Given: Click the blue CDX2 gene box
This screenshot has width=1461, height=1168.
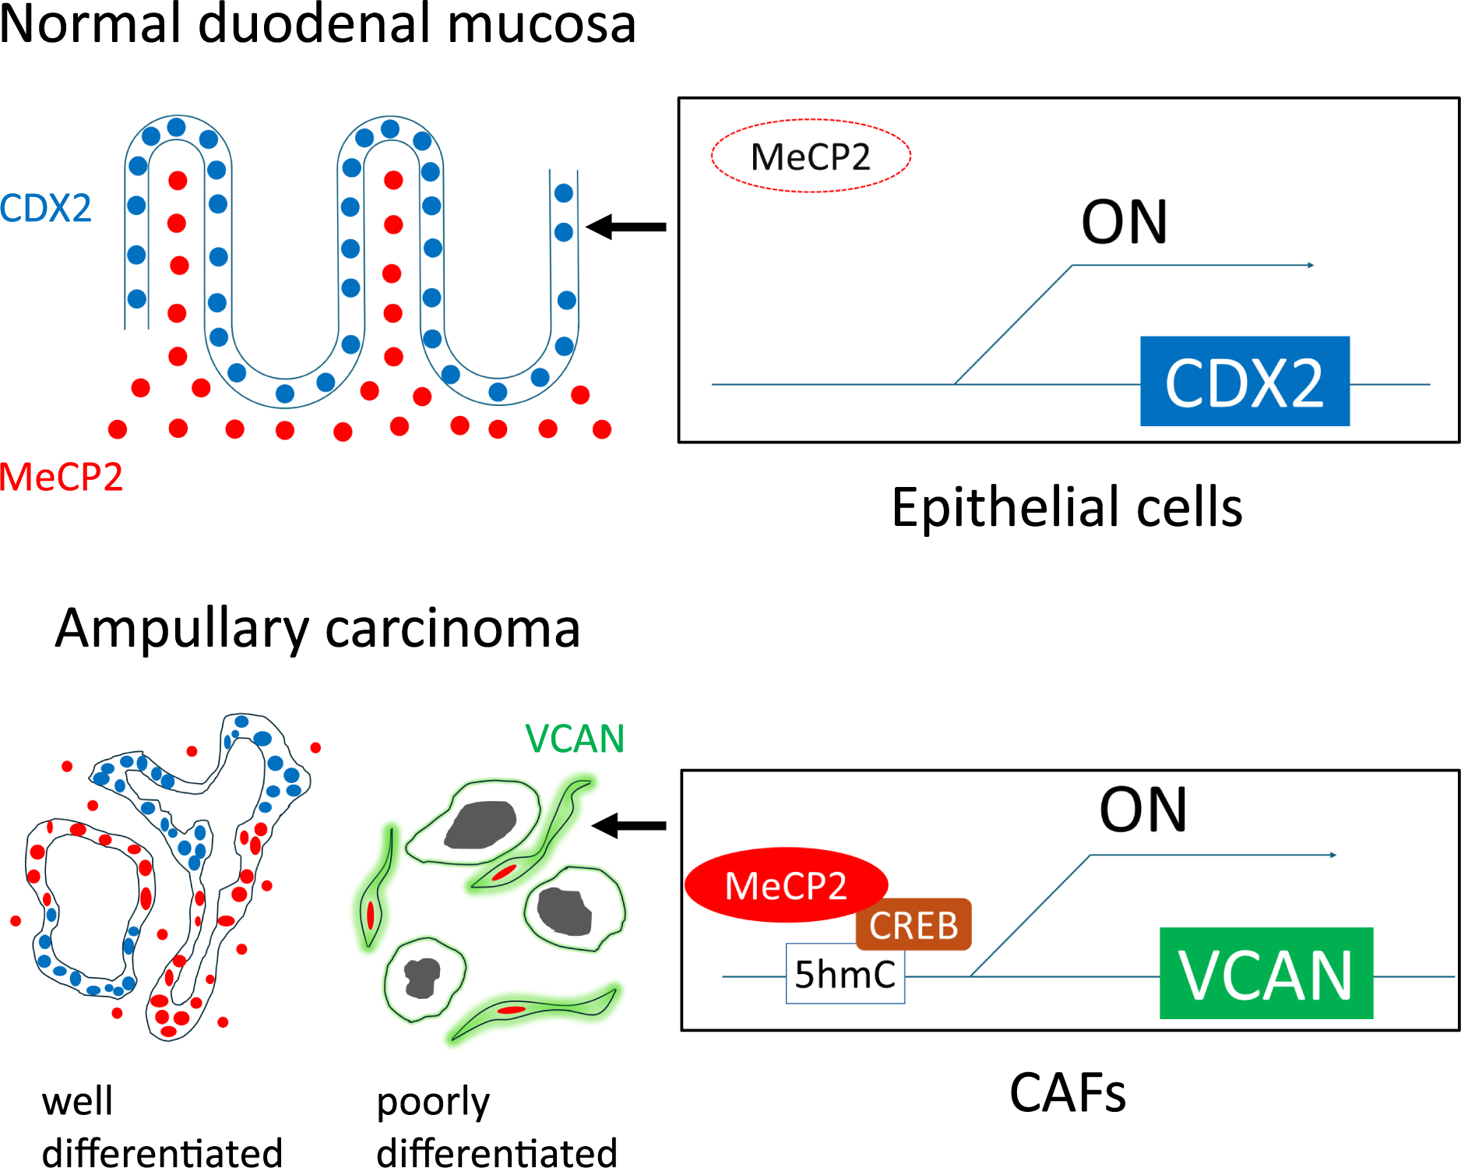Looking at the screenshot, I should pos(1244,381).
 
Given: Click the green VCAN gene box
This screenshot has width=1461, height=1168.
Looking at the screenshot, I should pos(1266,973).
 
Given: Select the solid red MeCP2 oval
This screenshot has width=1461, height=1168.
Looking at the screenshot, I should pos(785,885).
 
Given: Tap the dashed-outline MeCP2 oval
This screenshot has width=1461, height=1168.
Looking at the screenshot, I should pos(810,156).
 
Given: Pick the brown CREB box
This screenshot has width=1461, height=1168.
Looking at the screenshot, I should pos(914,925).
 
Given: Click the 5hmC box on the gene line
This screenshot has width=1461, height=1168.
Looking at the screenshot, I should pos(845,974).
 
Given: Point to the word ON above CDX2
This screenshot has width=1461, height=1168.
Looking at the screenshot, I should pos(1125,223).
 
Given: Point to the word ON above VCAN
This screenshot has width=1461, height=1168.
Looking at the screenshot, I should pos(1142,810).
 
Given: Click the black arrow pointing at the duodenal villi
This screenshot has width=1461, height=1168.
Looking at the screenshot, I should pos(626,227).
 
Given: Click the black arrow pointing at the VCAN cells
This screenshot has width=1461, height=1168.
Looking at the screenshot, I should pos(629,825).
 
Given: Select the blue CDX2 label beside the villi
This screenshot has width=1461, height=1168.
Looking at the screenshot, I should pos(45,208).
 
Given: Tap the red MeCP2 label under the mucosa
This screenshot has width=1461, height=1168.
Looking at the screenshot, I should pos(61,477).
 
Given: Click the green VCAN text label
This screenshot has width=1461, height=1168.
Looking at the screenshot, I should pos(575,739).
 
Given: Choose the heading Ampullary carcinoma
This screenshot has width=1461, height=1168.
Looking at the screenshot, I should pos(318,628).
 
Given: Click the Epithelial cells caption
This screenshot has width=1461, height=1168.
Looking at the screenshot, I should pos(1066,507).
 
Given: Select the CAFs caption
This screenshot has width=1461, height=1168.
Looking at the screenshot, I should pos(1067,1092).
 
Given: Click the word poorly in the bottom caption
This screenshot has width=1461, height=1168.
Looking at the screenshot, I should pos(433,1103).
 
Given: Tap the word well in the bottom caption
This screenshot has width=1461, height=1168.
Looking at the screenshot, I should pos(77,1102).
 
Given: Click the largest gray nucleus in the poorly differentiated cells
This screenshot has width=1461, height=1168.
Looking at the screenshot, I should pos(481,824).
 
